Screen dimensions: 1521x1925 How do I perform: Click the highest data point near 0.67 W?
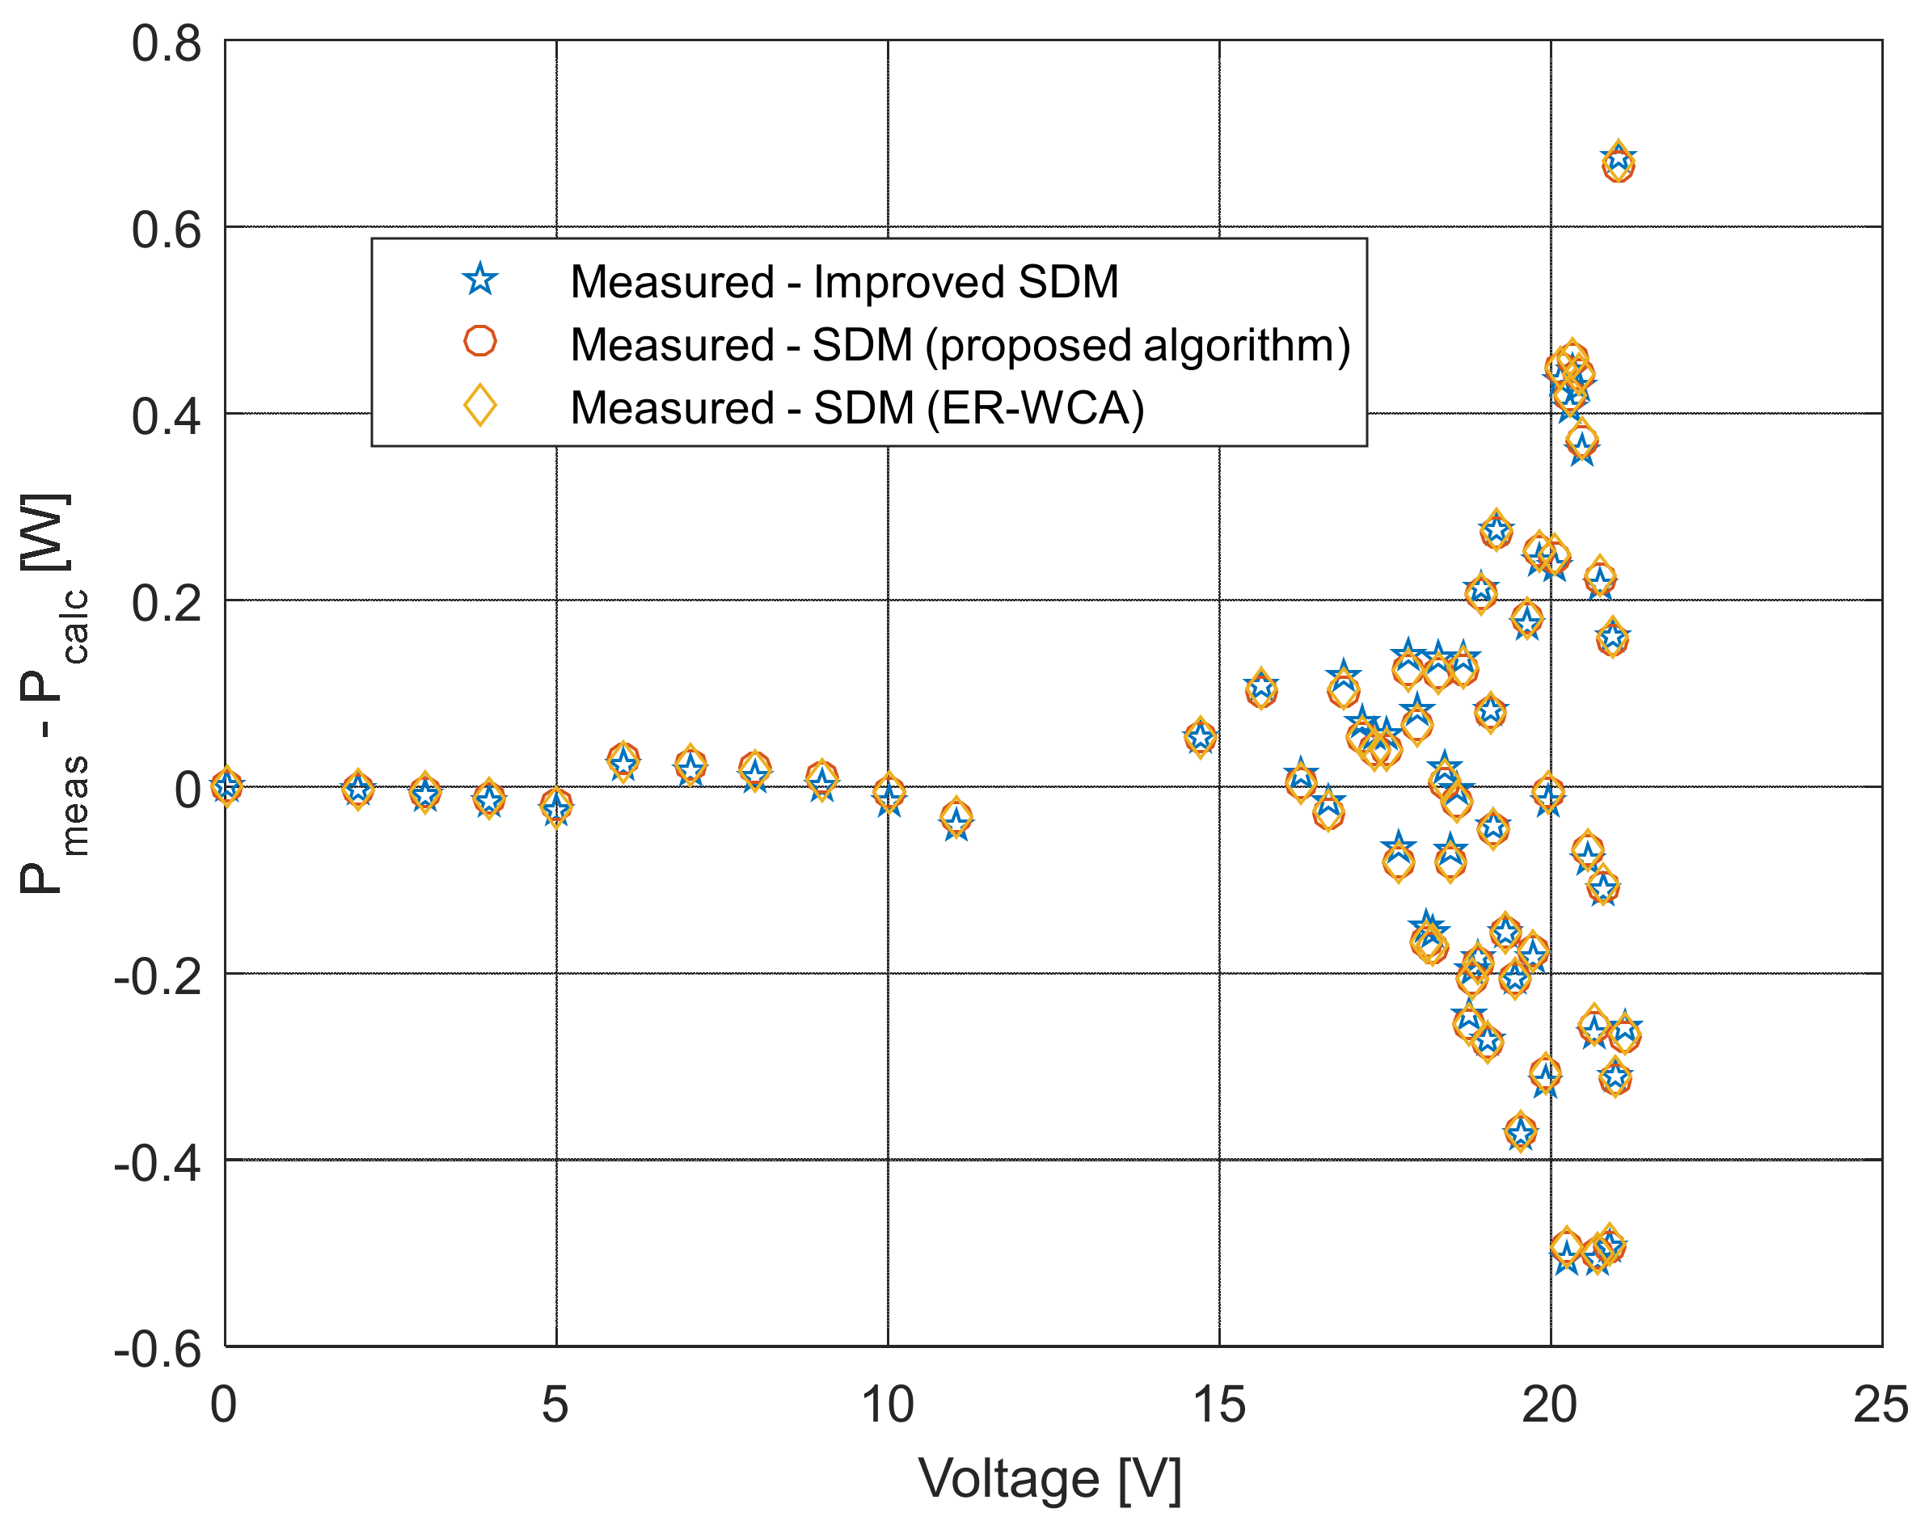coord(1618,164)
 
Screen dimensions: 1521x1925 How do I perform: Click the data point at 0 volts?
coord(226,786)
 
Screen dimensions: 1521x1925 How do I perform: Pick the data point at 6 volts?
coord(623,761)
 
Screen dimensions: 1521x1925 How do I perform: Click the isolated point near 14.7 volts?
coord(1201,737)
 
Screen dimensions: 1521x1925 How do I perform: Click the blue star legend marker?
coord(480,280)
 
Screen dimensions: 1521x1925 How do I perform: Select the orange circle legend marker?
coord(480,341)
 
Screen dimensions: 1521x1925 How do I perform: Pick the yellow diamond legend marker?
coord(480,405)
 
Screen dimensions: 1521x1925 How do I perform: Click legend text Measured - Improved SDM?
coord(843,282)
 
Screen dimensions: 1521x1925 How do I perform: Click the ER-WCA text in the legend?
coord(1035,409)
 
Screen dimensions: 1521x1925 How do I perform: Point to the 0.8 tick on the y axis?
coord(167,44)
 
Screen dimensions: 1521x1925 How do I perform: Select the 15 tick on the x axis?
coord(1218,1406)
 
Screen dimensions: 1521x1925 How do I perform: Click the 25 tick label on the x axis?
coord(1880,1406)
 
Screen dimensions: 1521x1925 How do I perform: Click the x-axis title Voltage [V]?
coord(1049,1480)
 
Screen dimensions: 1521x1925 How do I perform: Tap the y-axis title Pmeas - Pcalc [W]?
coord(53,693)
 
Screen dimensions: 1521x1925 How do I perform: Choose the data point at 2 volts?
coord(358,789)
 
